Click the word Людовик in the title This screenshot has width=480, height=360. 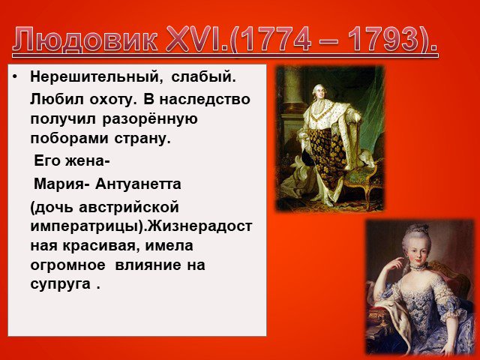85,40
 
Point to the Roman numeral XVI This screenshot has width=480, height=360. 192,40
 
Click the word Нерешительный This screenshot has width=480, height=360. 97,76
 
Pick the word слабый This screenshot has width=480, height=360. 203,76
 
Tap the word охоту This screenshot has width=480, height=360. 112,100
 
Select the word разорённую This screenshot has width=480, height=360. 150,119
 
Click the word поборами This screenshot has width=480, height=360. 69,139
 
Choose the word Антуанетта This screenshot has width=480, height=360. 138,184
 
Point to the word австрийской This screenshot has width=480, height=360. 129,208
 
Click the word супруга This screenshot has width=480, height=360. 60,284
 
